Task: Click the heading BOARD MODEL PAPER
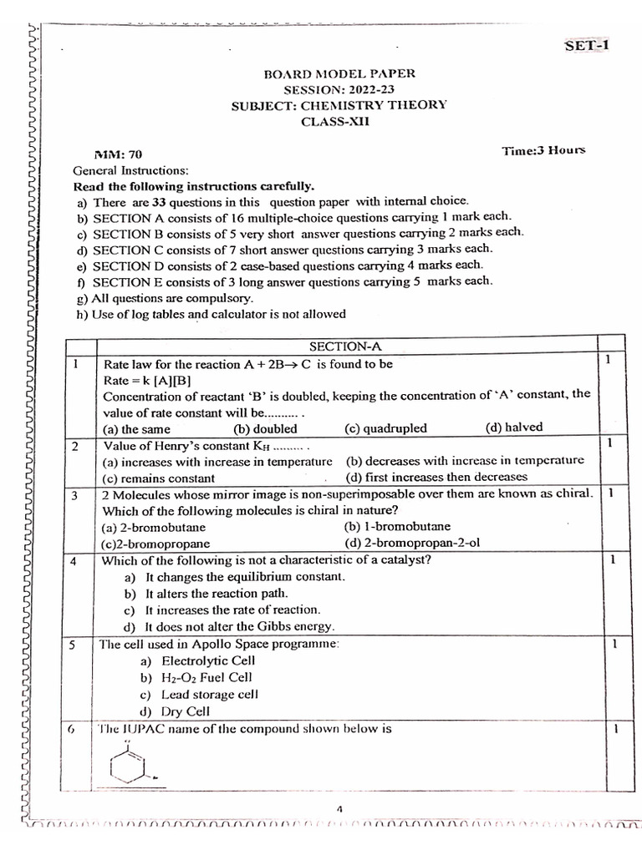tap(339, 73)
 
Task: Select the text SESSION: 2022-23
tap(339, 89)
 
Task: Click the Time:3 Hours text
tap(543, 150)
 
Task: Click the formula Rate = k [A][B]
tap(147, 379)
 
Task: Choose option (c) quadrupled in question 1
tap(385, 428)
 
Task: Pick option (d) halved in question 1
tap(513, 427)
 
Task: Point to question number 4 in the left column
tap(74, 561)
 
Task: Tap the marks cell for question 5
tap(614, 645)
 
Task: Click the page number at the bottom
tap(340, 808)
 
